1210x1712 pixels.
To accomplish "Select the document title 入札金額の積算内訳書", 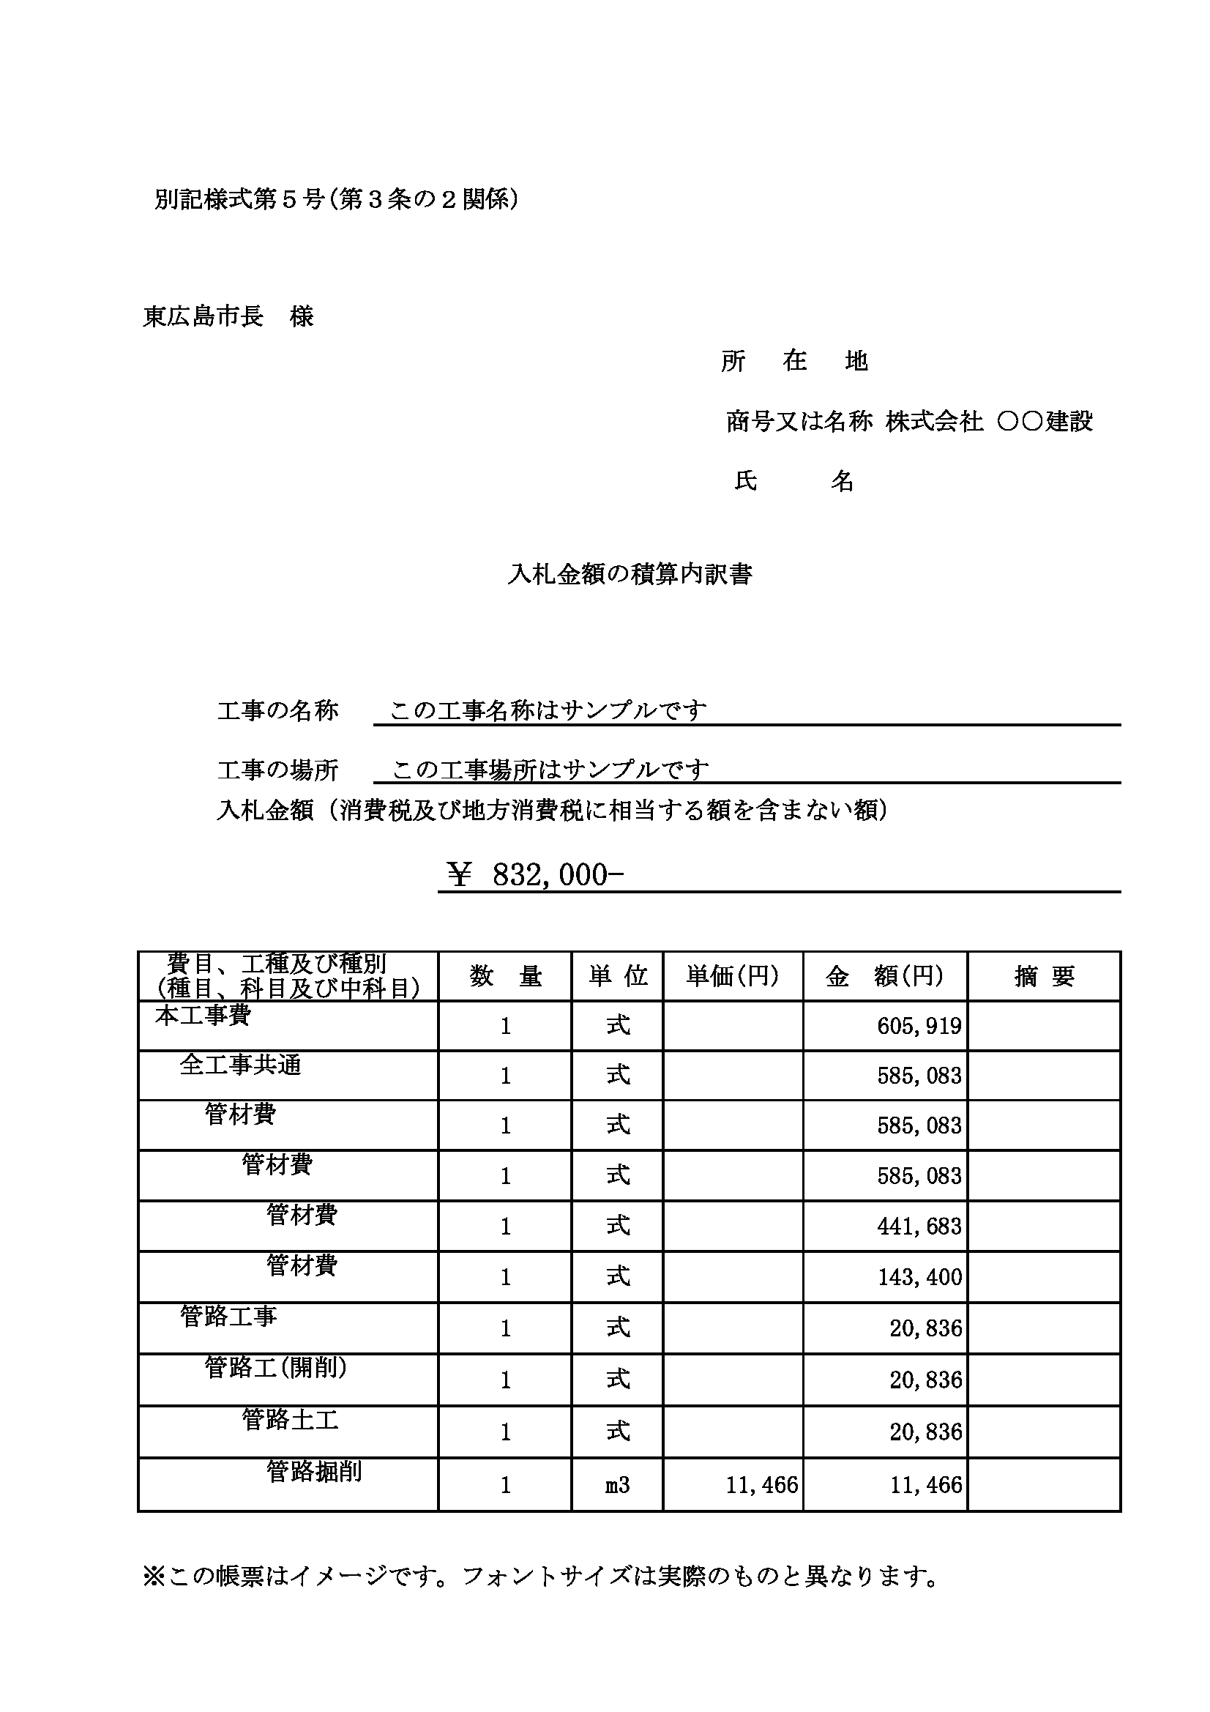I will [x=630, y=574].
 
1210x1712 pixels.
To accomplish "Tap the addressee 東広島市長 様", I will [x=228, y=317].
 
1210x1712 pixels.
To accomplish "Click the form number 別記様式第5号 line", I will [x=335, y=199].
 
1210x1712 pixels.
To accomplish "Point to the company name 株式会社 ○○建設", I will [x=990, y=422].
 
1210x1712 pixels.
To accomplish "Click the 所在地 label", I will [x=795, y=362].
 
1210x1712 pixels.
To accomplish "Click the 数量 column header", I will [x=506, y=976].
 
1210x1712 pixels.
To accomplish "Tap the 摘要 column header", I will [x=1044, y=976].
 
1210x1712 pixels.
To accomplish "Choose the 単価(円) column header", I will [x=733, y=976].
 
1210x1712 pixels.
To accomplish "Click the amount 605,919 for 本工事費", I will [x=919, y=1027].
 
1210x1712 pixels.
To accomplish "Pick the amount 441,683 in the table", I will [x=919, y=1227].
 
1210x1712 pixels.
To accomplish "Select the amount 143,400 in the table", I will [x=919, y=1277].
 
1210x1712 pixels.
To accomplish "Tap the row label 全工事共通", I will [x=240, y=1065].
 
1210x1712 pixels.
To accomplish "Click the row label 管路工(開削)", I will [x=276, y=1367].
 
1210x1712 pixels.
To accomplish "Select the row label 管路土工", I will [x=290, y=1419].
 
